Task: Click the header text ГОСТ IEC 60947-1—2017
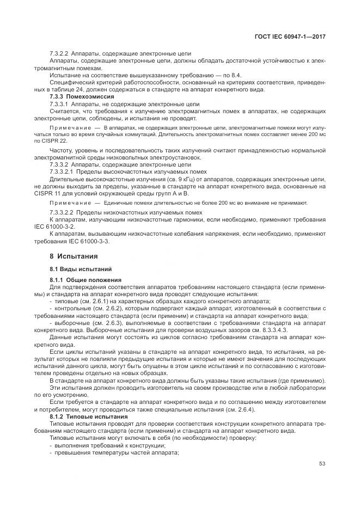click(294, 36)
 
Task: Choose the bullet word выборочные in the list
click(72, 323)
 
